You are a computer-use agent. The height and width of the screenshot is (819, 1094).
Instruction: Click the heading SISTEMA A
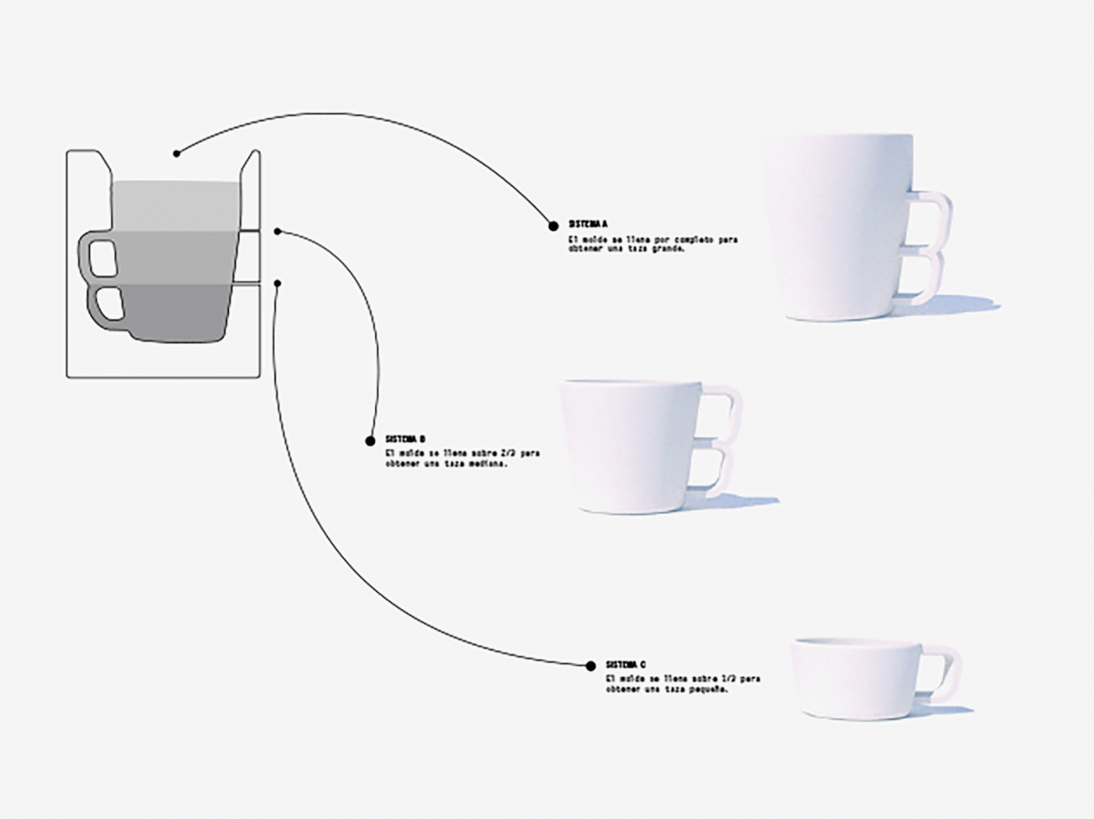click(588, 225)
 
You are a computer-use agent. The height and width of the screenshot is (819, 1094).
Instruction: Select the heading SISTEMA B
click(406, 440)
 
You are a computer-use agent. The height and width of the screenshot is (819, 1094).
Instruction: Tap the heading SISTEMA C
click(626, 665)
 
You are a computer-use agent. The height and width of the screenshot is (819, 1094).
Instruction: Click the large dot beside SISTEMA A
click(554, 226)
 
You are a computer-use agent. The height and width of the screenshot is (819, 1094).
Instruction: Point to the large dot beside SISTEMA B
click(370, 441)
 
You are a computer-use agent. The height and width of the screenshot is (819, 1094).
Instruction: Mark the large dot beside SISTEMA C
click(591, 666)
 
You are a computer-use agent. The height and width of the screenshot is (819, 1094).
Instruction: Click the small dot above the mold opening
click(176, 154)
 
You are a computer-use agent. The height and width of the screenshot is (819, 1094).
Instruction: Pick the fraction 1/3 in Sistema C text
click(728, 679)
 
